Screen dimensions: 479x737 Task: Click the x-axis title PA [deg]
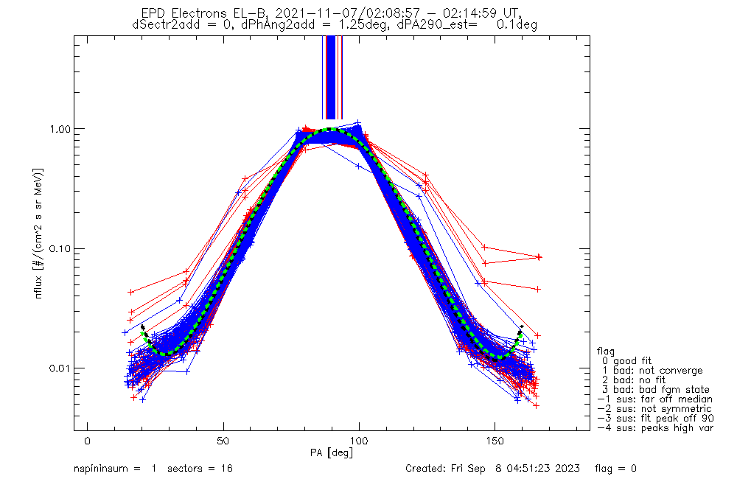332,452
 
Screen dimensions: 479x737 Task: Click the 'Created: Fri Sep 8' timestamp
492,468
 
